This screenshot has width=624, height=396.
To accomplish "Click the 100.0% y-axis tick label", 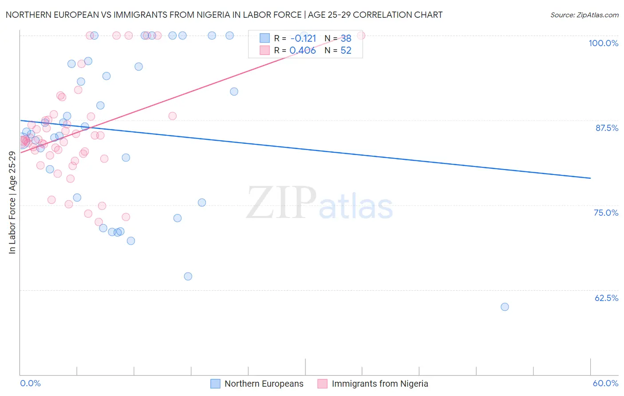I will point(603,43).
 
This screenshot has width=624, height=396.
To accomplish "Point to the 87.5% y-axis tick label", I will point(607,128).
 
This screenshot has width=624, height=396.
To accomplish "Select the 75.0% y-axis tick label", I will point(606,213).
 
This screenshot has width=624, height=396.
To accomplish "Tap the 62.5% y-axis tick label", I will point(606,298).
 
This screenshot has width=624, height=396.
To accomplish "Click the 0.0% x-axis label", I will point(30,383).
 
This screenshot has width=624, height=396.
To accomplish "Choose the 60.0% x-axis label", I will point(605,383).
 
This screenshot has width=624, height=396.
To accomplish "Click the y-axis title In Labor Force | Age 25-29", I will point(12,202).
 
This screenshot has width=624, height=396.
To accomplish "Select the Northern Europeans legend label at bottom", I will point(264,384).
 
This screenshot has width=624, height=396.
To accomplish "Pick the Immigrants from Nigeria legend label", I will point(380,384).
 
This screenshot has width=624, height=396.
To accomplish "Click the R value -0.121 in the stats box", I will point(303,39).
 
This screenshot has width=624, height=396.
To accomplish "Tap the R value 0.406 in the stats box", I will point(302,51).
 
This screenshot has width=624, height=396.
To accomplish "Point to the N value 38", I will point(346,39).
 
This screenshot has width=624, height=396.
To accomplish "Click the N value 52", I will point(346,51).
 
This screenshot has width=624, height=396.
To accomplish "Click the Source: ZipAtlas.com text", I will point(584,15).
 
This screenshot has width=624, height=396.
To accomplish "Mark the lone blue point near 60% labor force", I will point(505,307).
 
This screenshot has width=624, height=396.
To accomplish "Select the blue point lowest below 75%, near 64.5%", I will point(188,276).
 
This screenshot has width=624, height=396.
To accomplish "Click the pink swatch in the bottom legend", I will point(322,384).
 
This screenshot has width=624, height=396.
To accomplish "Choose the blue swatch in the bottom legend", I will point(215,384).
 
